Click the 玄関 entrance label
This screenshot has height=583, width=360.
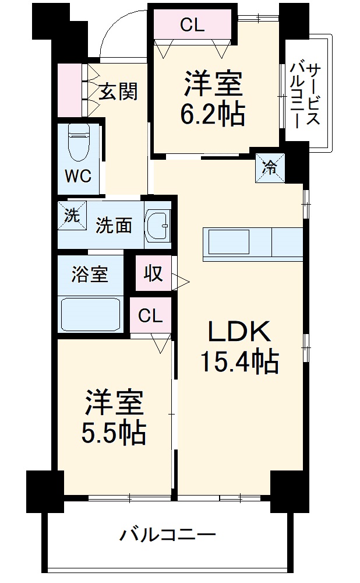tap(118, 91)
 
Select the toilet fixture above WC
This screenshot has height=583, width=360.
tap(77, 143)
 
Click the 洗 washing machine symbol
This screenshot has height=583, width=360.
tap(71, 215)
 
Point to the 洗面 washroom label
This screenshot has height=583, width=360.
tap(114, 225)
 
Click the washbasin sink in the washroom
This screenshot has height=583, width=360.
tap(157, 224)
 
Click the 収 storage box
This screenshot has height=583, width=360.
tap(154, 274)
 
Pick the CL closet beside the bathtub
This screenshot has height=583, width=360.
tap(151, 315)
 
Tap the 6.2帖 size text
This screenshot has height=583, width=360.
tap(211, 115)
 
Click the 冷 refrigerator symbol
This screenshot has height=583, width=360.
tap(270, 167)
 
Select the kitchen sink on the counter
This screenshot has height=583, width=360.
tap(229, 241)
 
